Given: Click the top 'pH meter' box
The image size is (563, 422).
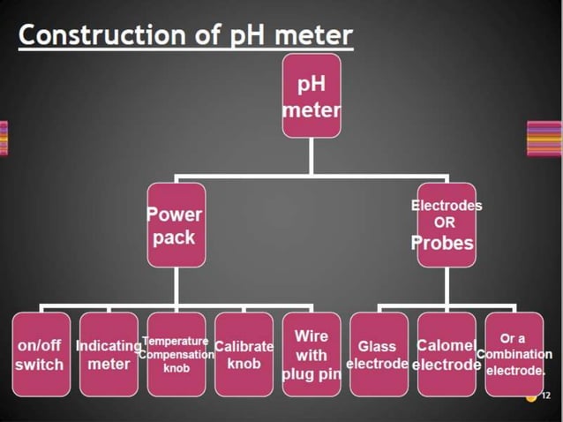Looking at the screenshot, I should point(311,97).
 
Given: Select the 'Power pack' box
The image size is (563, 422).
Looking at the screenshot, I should point(176,225).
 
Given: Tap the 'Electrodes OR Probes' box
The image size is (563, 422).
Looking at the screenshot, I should point(446,225).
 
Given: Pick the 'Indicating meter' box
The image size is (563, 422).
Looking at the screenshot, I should point(109,354).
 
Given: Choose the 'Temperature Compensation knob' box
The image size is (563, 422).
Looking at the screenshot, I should point(176,354).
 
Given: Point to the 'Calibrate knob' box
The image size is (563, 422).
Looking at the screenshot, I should point(244,354).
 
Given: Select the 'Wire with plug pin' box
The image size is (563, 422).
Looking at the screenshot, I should point(311,354).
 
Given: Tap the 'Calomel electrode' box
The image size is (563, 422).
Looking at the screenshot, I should point(446,354).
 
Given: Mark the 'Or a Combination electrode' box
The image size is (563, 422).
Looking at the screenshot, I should point(514,354).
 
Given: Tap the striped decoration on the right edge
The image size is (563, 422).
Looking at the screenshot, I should point(544,138).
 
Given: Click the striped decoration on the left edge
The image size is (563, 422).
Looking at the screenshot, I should point(4,138).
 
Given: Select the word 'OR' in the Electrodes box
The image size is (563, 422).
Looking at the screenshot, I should point(446,223).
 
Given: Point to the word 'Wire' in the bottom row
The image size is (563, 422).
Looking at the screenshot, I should point(311,336).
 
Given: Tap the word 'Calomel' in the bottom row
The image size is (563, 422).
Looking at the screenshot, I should point(447,345).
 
